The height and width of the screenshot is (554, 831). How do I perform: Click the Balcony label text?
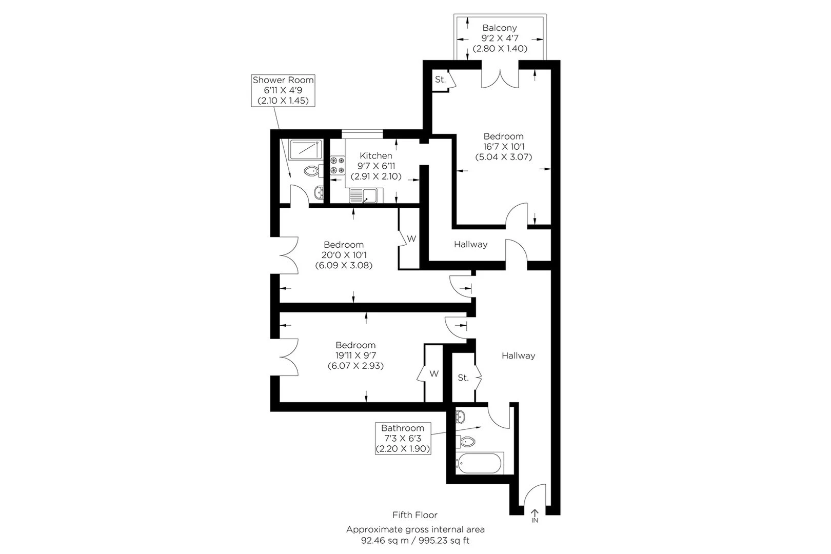(x=499, y=28)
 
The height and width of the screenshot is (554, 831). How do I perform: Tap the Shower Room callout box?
(x=283, y=90)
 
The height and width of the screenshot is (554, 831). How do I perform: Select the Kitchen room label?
(x=375, y=155)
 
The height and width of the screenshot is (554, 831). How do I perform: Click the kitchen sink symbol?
(x=366, y=196)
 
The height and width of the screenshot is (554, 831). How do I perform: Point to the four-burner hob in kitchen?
(x=337, y=165)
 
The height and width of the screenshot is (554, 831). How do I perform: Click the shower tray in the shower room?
(x=305, y=149)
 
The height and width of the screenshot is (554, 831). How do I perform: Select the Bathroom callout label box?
(x=403, y=438)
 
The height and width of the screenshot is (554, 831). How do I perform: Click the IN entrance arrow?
(x=535, y=515)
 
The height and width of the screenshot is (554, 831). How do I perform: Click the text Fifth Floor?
(x=414, y=515)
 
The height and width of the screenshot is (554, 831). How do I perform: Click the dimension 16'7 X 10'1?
(x=503, y=147)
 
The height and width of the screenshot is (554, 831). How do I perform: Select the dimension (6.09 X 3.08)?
(x=343, y=265)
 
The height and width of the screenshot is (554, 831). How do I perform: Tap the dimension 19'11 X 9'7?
(x=355, y=355)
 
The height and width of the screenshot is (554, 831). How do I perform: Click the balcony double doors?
(x=500, y=78)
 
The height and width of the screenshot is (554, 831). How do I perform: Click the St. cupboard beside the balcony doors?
(x=440, y=80)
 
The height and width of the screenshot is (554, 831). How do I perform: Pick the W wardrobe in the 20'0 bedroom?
(x=410, y=239)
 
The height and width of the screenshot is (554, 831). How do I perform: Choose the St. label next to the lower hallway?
(x=463, y=378)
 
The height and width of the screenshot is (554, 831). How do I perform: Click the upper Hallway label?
(x=470, y=244)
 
